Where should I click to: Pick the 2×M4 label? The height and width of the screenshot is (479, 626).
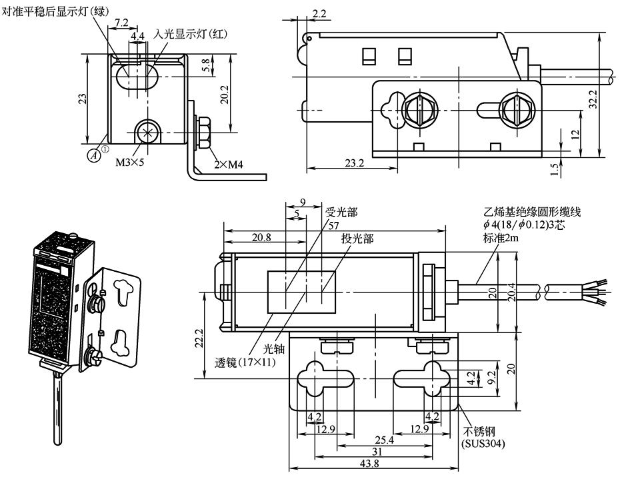(x=229, y=164)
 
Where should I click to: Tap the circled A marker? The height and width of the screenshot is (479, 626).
(x=96, y=154)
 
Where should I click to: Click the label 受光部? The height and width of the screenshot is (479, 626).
(x=342, y=213)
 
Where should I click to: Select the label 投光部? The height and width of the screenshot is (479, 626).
(x=357, y=239)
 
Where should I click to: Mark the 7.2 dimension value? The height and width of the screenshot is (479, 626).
(x=122, y=22)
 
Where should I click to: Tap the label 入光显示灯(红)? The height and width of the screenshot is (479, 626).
(x=191, y=33)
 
